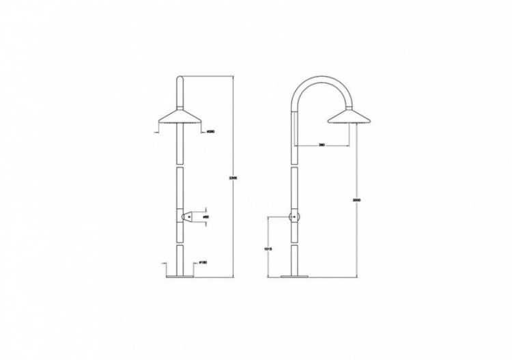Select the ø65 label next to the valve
(205, 216)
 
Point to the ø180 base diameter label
(204, 262)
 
